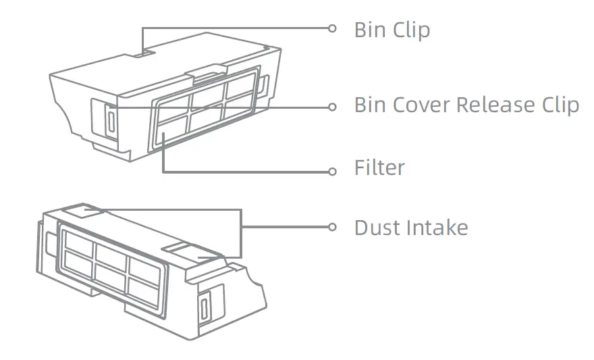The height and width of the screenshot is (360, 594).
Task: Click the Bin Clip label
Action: click(391, 30)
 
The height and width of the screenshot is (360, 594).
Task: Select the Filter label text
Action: click(379, 168)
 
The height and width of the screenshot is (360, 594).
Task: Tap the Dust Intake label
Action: click(410, 228)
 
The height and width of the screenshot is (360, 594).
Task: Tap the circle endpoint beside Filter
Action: click(331, 172)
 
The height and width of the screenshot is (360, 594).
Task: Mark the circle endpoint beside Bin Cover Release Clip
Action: click(331, 107)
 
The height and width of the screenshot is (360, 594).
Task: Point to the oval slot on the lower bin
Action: click(204, 309)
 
